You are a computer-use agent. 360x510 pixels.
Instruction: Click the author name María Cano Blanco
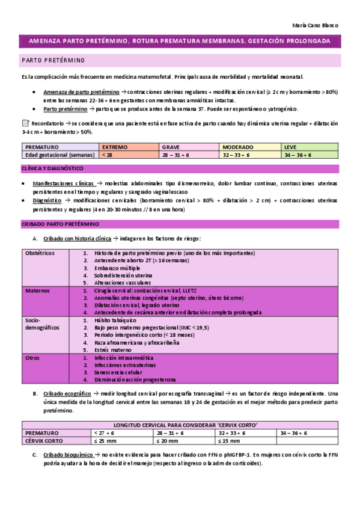pyautogui.click(x=315, y=26)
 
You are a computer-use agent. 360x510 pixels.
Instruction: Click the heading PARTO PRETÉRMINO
pyautogui.click(x=53, y=61)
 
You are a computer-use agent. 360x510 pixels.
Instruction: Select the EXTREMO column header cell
pyautogui.click(x=114, y=147)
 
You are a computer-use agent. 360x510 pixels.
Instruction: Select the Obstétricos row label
pyautogui.click(x=40, y=253)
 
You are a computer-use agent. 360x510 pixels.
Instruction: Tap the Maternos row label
pyautogui.click(x=37, y=290)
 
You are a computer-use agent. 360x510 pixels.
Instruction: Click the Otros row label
pyautogui.click(x=33, y=358)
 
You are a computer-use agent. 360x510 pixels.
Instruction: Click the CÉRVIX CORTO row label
pyautogui.click(x=46, y=441)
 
